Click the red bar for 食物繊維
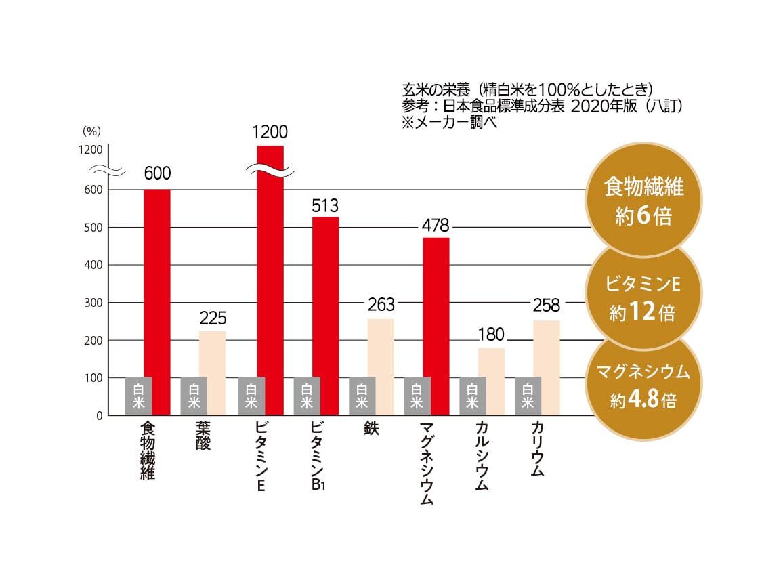[157, 285]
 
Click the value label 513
[325, 206]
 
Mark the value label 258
[547, 304]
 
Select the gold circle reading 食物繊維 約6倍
[643, 200]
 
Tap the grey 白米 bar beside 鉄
[362, 396]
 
